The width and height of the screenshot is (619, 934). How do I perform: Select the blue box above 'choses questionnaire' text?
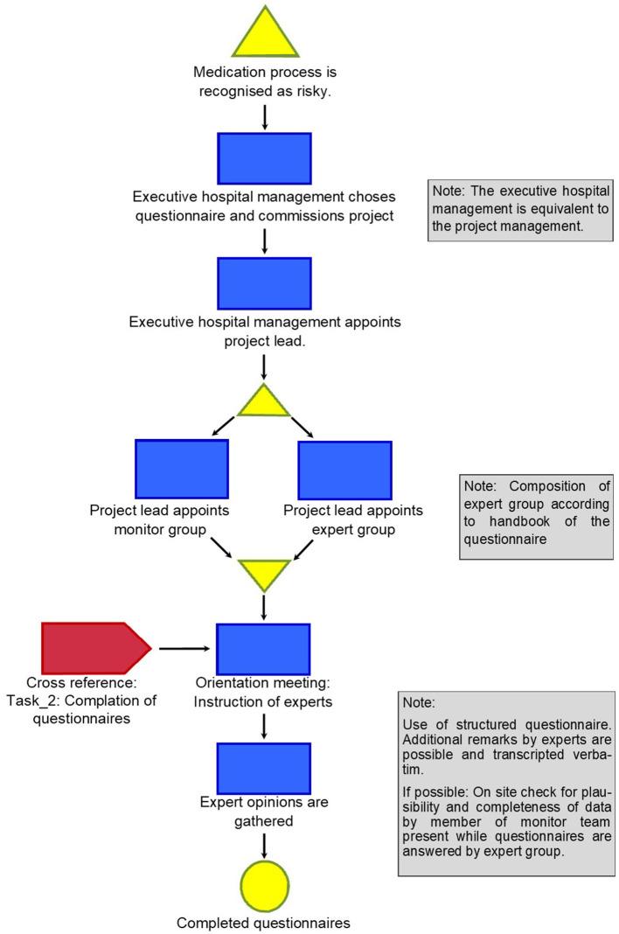(x=264, y=158)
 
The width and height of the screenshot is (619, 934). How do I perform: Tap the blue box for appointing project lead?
(x=264, y=283)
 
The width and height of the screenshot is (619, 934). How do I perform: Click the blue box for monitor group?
(x=182, y=469)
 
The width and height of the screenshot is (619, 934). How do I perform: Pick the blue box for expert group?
(x=344, y=469)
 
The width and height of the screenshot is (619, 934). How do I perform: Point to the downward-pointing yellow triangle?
(x=264, y=574)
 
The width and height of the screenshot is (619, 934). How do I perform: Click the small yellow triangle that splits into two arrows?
(x=264, y=402)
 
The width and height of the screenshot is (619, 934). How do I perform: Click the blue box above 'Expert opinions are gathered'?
(x=264, y=768)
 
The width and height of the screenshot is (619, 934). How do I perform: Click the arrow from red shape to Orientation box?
(x=184, y=649)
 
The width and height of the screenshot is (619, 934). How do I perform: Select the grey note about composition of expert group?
(x=537, y=516)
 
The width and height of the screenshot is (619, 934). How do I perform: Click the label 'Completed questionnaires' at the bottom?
(x=264, y=923)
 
